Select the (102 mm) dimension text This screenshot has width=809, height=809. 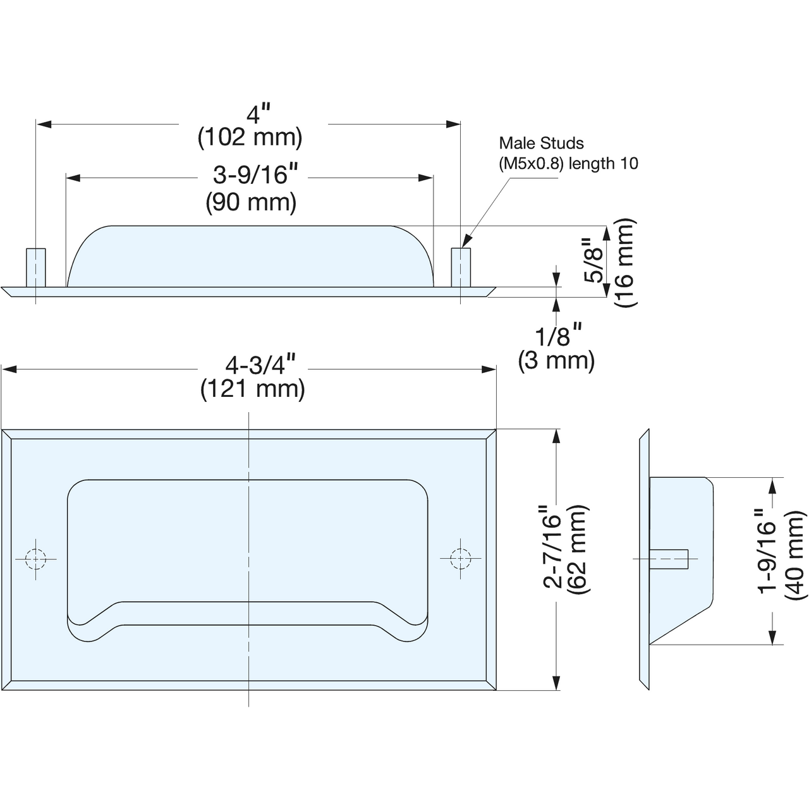tap(250, 137)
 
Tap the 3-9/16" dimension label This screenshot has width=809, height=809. tap(255, 174)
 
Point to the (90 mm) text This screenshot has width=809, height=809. tap(251, 202)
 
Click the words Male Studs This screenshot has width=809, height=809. tap(541, 143)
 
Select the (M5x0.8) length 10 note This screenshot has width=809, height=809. tap(568, 163)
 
